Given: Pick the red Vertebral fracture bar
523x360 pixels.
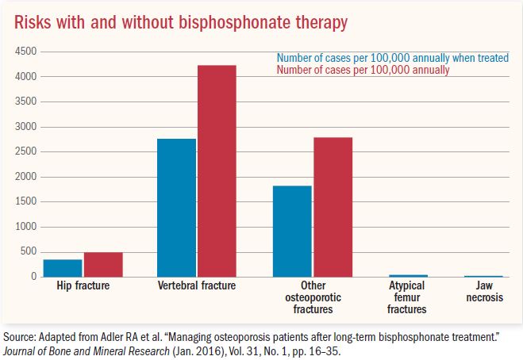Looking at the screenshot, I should [217, 170].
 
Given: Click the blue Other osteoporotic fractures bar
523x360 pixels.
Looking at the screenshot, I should [292, 231].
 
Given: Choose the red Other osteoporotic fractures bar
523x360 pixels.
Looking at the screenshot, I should [333, 207].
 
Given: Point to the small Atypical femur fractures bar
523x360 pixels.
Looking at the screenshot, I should [407, 275].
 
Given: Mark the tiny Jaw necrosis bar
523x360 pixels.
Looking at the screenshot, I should [484, 276].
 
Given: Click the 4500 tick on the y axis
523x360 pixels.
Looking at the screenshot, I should [27, 52].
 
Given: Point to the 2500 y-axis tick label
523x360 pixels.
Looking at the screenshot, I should [27, 151].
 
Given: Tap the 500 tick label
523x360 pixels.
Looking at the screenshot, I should [30, 251].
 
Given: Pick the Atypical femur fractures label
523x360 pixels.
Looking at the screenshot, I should [407, 297].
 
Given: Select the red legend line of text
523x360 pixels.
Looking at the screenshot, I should [363, 70].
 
